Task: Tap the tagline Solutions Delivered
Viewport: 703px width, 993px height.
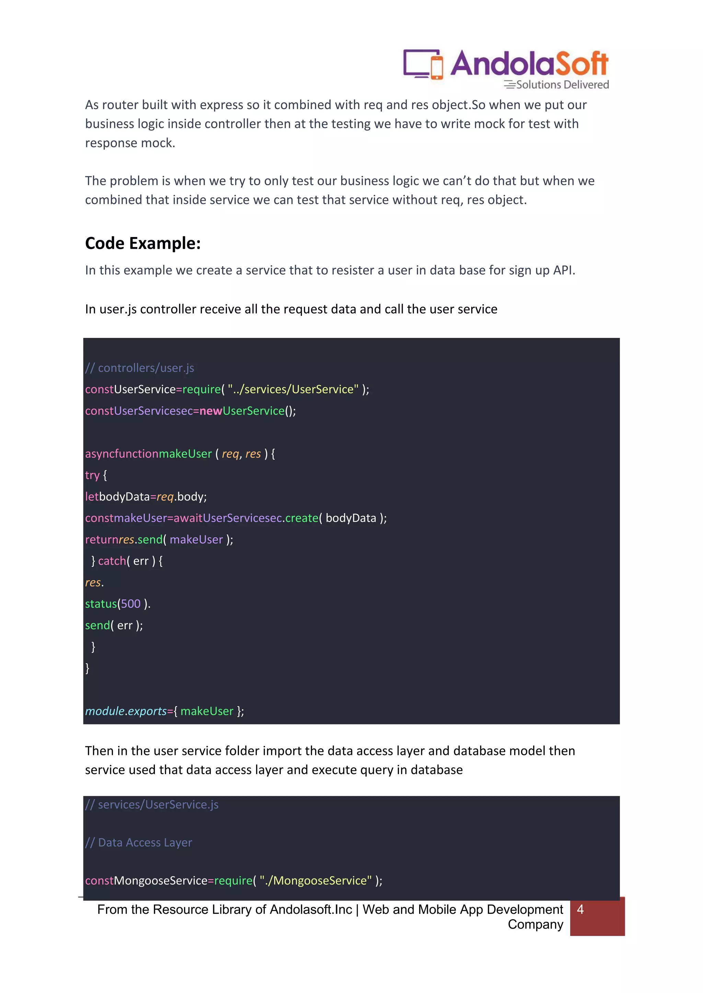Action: [562, 85]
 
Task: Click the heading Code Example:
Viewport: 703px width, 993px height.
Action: [143, 244]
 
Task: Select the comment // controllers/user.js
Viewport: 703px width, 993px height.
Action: [139, 368]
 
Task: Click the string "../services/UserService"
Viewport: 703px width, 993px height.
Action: [293, 389]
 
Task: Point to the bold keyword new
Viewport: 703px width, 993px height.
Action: [211, 411]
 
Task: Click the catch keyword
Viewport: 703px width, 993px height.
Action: [112, 561]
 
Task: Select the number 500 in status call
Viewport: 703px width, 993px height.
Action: [131, 604]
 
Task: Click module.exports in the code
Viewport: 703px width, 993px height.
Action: [126, 711]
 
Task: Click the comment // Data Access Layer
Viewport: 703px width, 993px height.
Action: [139, 842]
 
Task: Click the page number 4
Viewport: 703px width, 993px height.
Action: [580, 910]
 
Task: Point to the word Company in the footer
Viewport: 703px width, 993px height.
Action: [535, 924]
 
